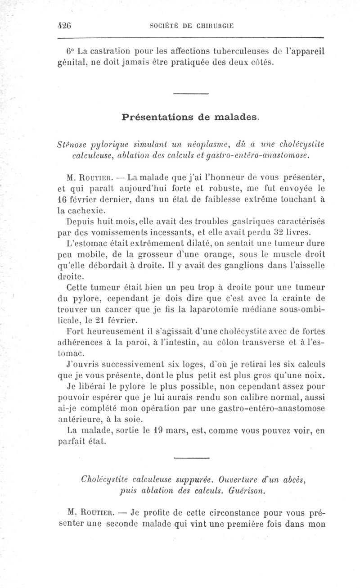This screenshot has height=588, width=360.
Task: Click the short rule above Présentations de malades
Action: pos(190,93)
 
